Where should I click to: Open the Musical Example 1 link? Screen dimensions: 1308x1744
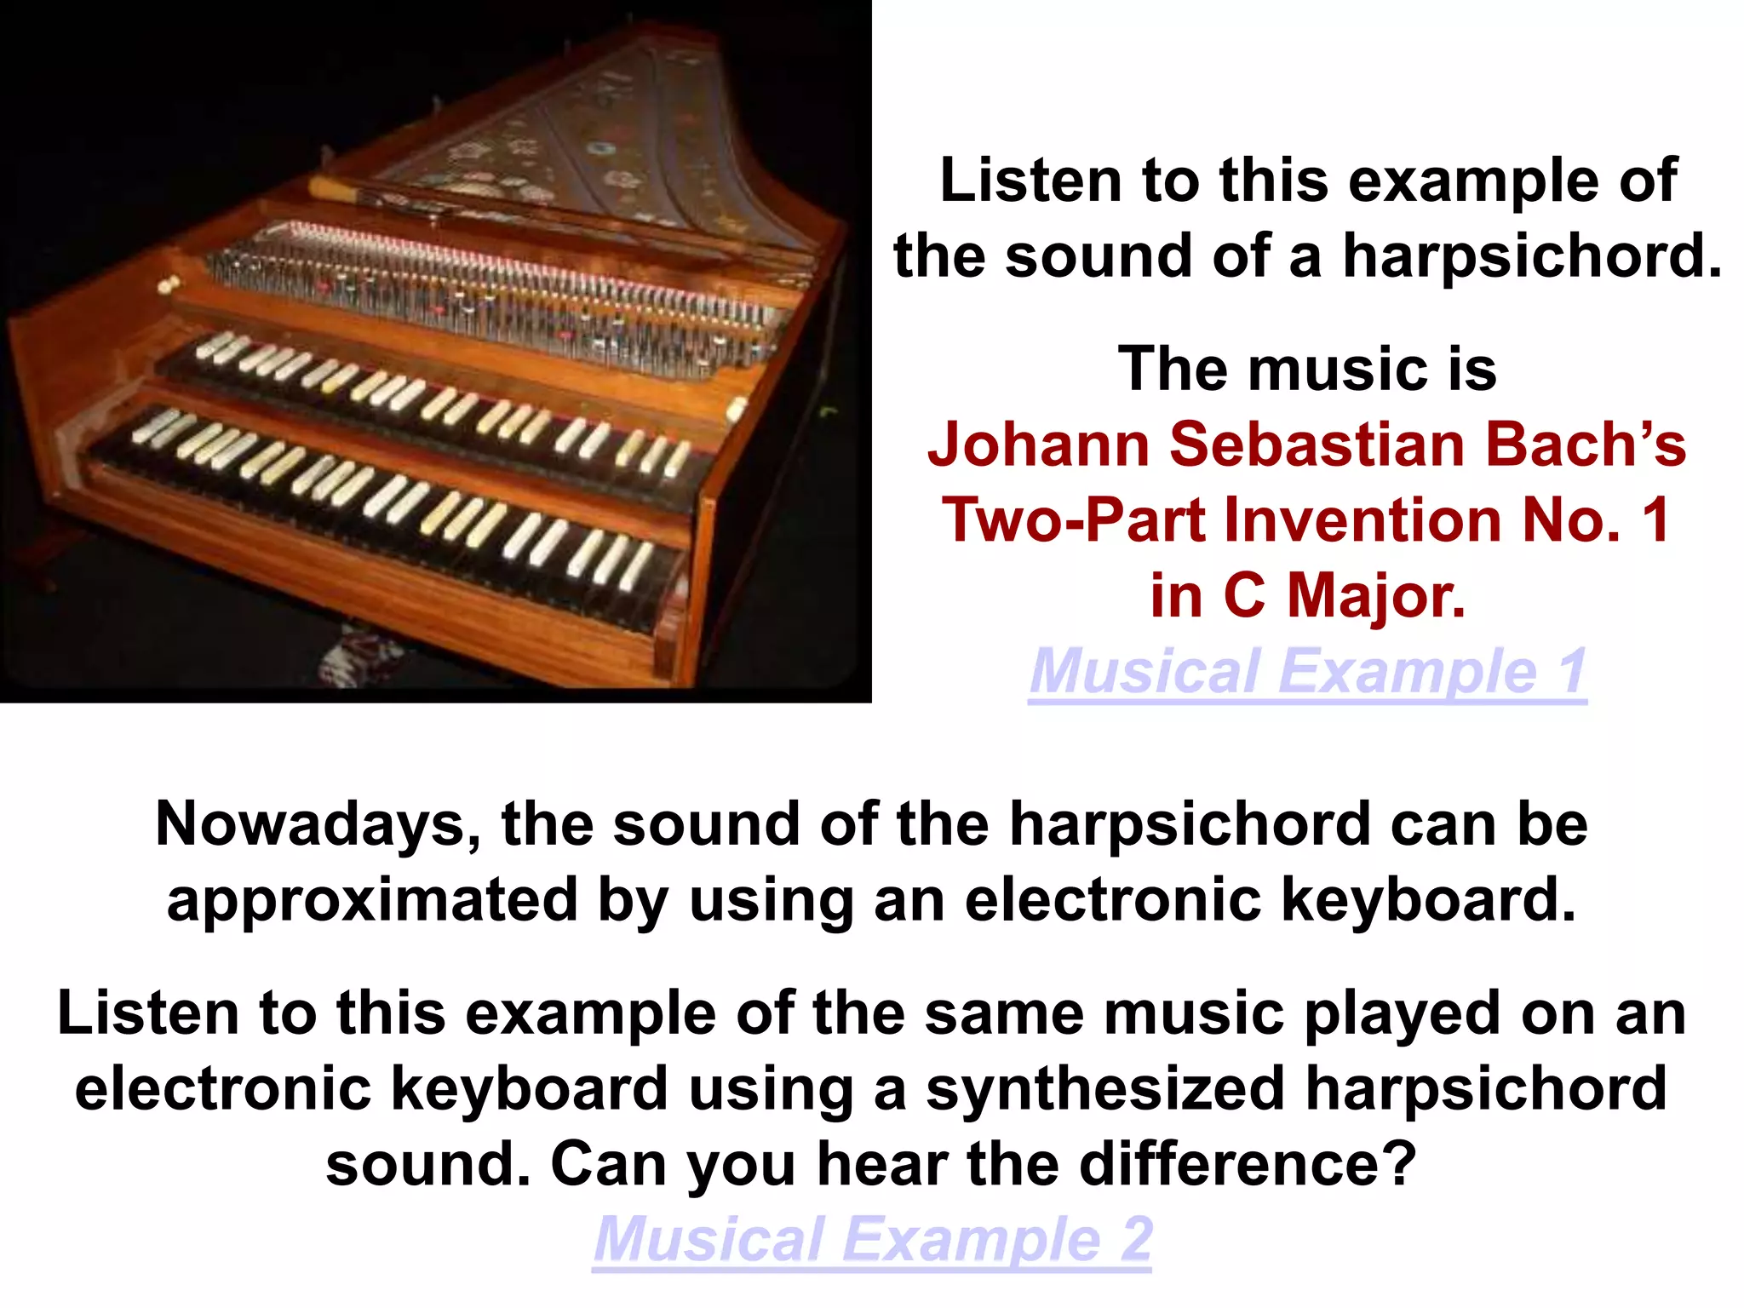(x=1307, y=672)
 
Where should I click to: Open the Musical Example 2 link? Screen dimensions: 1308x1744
(x=872, y=1239)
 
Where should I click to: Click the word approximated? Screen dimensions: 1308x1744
(x=372, y=900)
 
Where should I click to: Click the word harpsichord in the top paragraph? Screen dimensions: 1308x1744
(x=1532, y=255)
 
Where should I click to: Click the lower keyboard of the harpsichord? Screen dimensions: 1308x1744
(x=383, y=494)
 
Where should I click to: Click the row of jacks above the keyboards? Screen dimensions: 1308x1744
(x=494, y=294)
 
